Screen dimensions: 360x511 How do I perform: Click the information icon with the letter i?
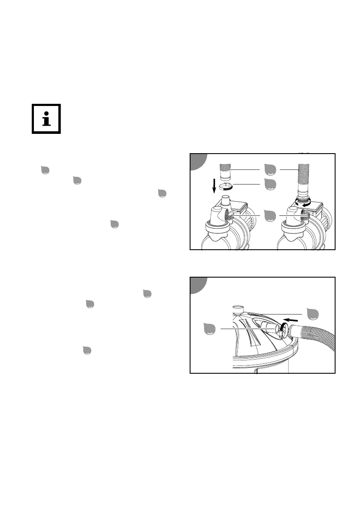coord(46,119)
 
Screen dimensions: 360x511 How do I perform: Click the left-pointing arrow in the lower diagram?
coord(292,321)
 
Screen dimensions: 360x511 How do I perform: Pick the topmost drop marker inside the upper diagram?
coord(270,170)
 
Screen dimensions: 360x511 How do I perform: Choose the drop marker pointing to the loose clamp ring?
coord(270,184)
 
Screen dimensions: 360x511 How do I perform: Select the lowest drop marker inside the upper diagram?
coord(270,215)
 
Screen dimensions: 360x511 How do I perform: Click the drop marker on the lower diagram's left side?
coord(210,330)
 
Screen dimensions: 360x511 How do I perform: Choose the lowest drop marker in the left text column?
coord(86,350)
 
